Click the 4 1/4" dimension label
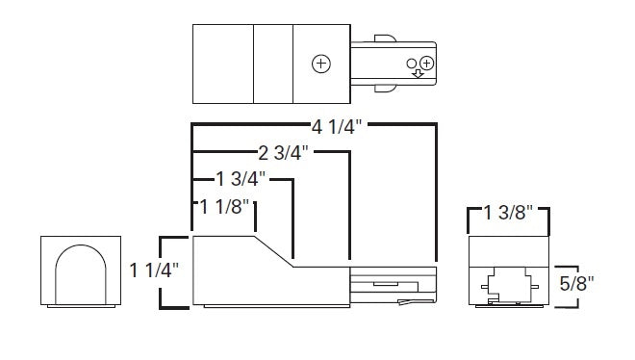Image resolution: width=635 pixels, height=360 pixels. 336,127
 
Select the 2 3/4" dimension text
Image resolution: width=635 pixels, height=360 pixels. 283,153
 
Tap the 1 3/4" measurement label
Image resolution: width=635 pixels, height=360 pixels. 241,179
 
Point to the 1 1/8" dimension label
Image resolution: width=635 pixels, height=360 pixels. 225,207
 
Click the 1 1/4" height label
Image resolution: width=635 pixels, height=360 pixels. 154,270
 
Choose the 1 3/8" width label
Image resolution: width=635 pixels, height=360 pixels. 508,213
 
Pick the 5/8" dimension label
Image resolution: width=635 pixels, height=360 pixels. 576,283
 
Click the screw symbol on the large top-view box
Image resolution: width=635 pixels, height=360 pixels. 321,64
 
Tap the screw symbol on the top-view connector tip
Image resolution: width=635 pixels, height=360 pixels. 427,64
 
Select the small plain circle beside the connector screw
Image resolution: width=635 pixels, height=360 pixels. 412,64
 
